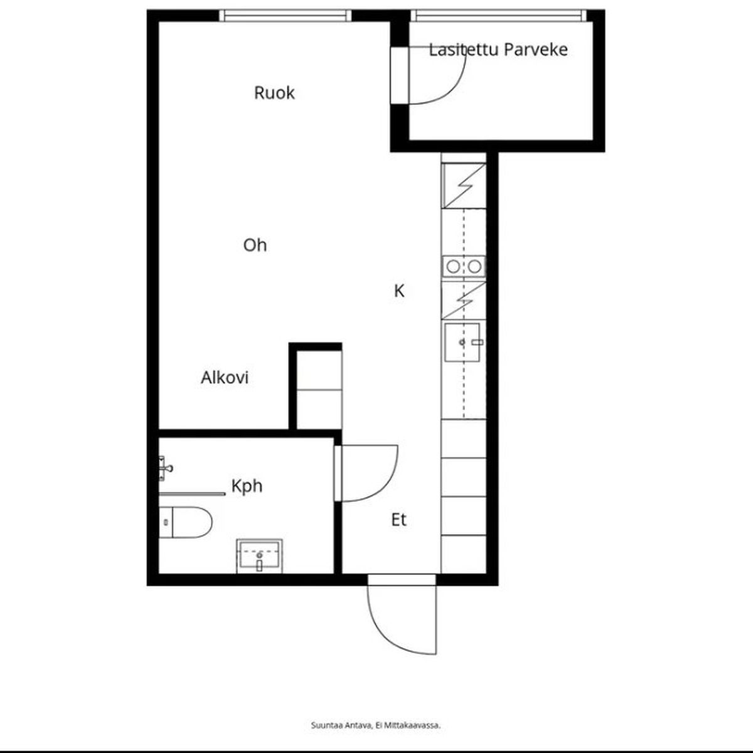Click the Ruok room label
[274, 93]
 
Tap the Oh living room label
[255, 245]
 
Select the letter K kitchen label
[398, 291]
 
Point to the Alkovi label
[225, 378]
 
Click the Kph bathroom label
[247, 486]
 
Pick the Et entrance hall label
[398, 520]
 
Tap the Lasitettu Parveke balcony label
[498, 50]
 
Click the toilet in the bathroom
[185, 522]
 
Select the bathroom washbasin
[259, 556]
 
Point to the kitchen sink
[462, 343]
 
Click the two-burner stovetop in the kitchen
[464, 267]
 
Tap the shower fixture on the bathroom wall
[164, 468]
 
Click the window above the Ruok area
[285, 16]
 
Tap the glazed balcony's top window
[499, 16]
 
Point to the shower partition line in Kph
[192, 494]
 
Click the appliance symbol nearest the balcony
[464, 186]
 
